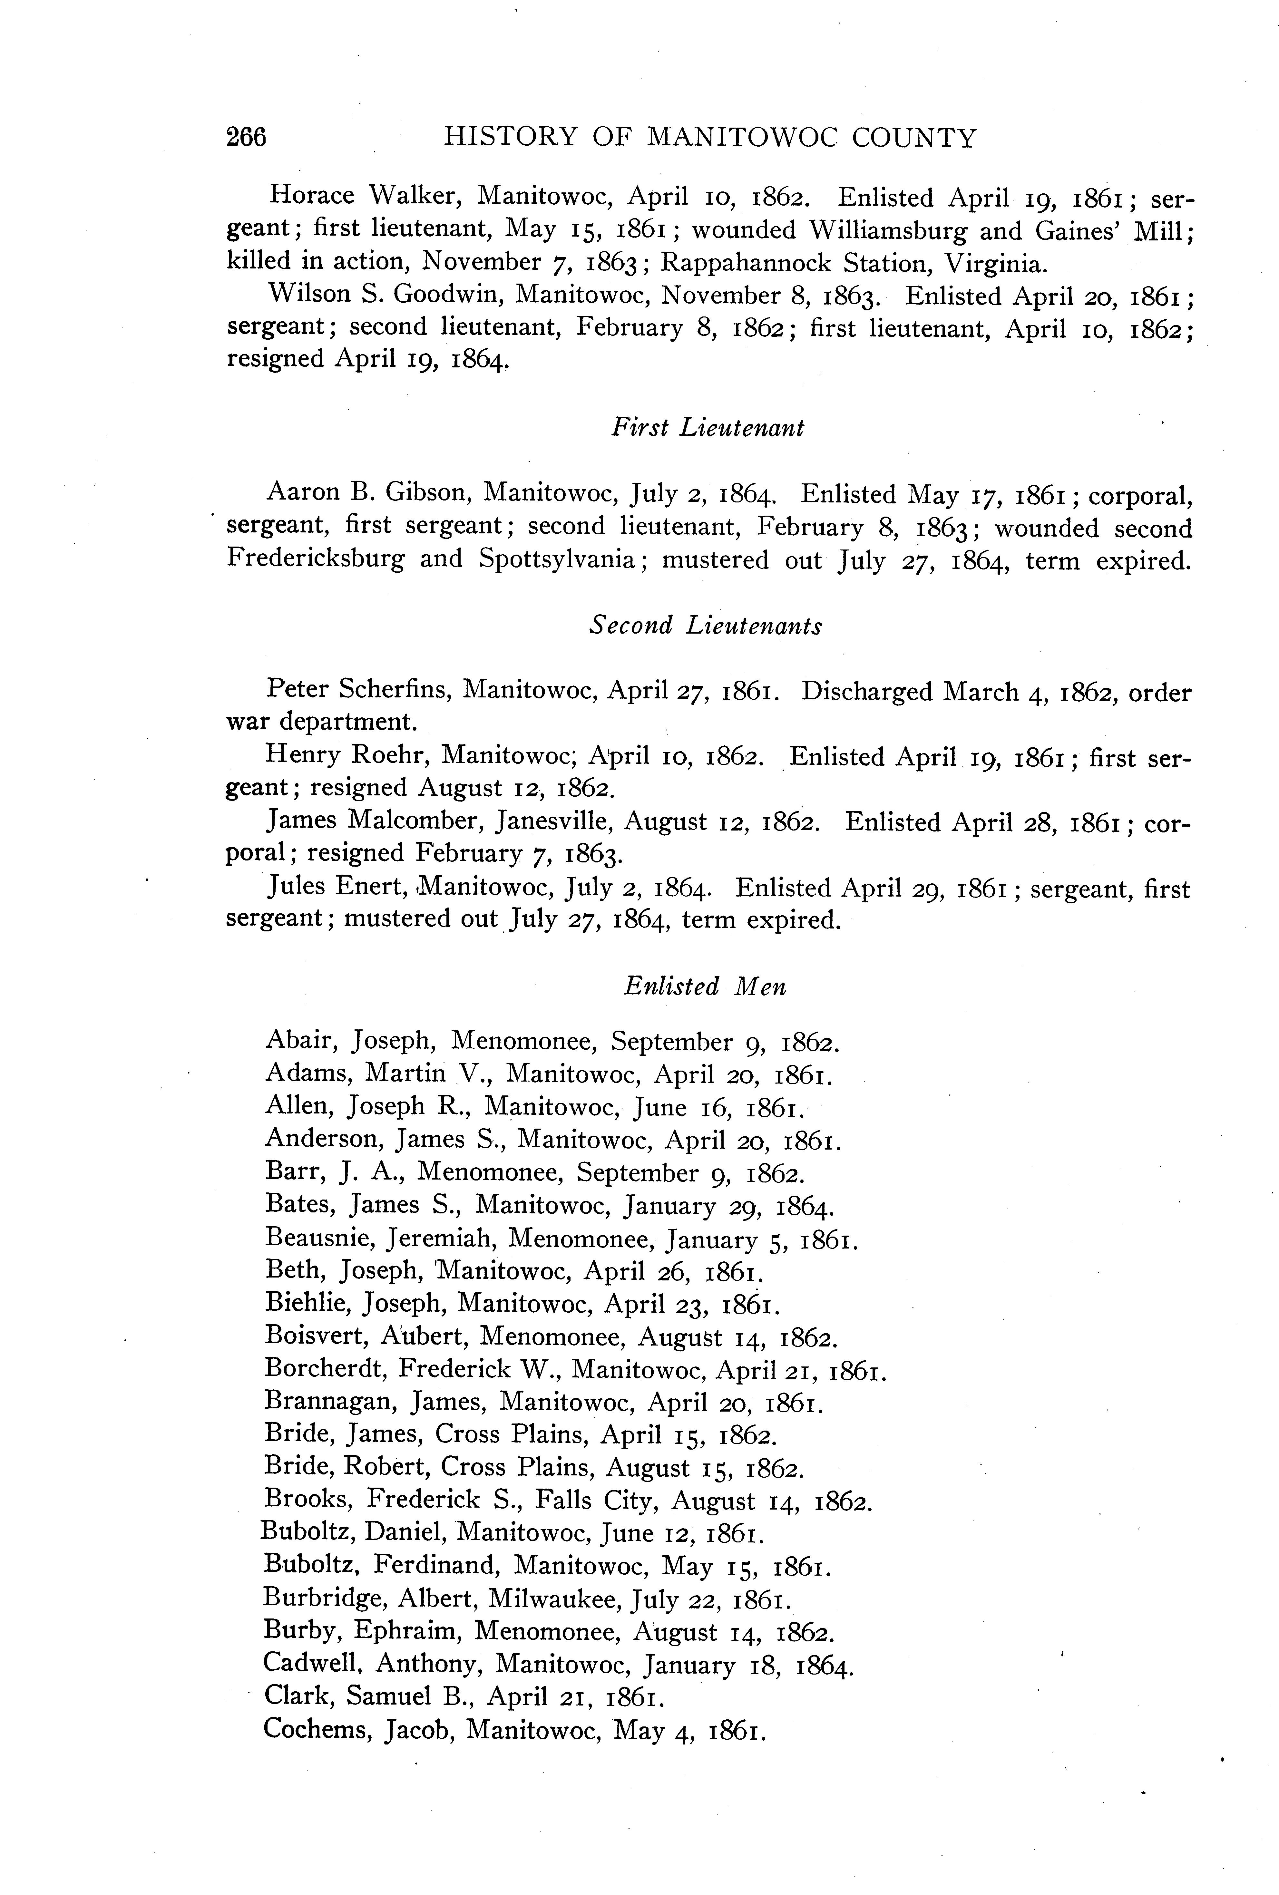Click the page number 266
pos(246,137)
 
